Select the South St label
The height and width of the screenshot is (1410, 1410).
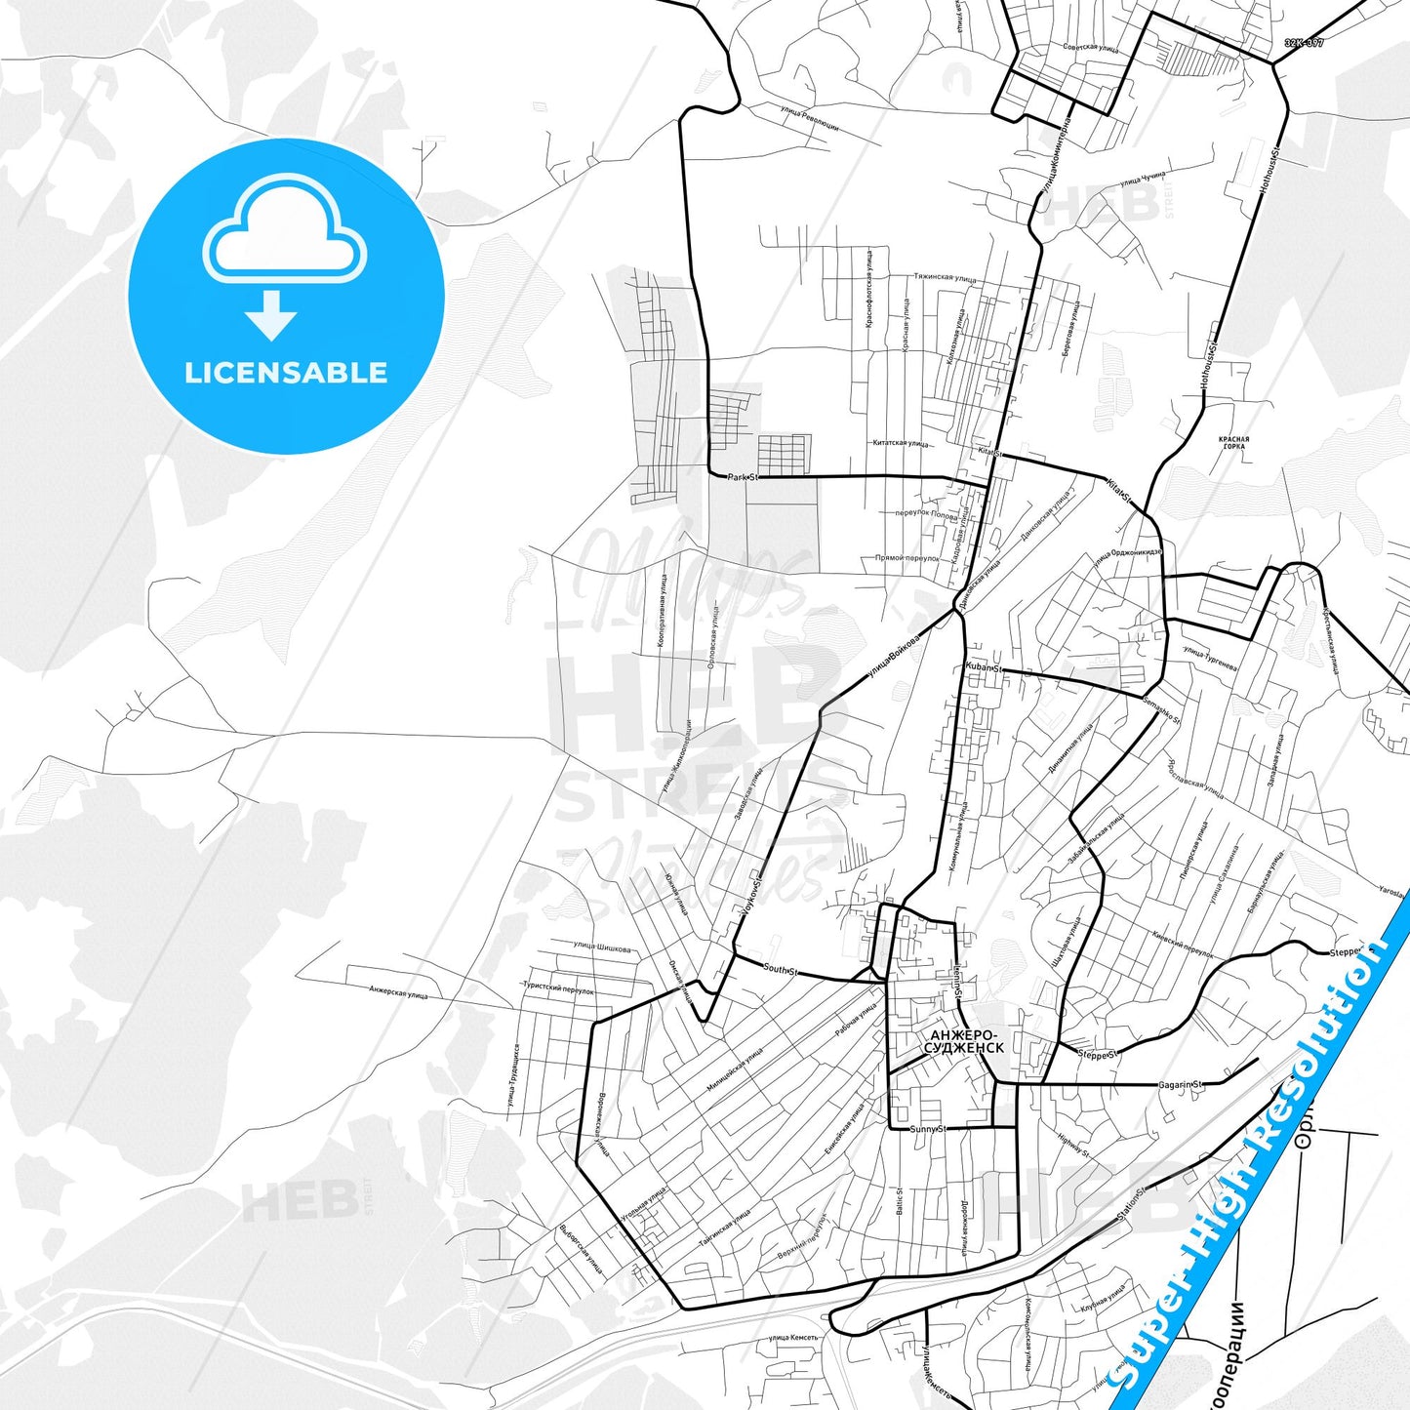[780, 970]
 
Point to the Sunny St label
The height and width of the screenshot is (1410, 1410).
[928, 1129]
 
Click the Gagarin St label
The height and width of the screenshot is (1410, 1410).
[1181, 1084]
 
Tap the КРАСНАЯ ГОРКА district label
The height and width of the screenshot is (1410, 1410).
[1233, 443]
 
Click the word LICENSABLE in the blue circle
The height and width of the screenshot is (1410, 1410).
[286, 373]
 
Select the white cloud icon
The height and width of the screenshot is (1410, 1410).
[284, 232]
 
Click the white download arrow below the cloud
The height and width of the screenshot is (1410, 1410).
[271, 315]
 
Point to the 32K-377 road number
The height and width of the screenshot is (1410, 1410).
[1304, 43]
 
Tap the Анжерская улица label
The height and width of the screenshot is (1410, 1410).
[398, 992]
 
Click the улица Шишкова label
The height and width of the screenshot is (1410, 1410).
[602, 947]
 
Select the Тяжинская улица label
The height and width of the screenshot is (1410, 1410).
[944, 278]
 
